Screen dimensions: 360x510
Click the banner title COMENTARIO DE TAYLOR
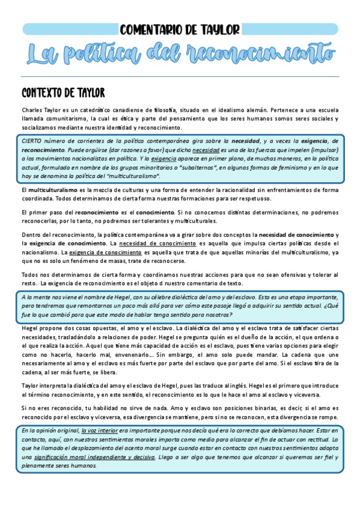180,29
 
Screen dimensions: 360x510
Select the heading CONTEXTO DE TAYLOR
63,93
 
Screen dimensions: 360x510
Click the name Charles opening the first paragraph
32,111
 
